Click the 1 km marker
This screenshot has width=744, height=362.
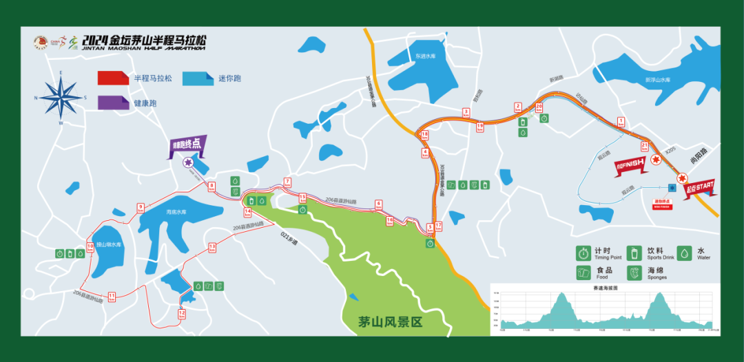(x=621, y=123)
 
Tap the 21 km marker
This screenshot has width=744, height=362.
(x=644, y=146)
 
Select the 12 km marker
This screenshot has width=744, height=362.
(x=182, y=314)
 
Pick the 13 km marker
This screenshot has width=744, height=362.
(x=212, y=247)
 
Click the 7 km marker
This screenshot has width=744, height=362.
(x=287, y=183)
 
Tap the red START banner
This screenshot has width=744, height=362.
(x=699, y=185)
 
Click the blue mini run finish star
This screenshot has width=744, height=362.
(x=672, y=187)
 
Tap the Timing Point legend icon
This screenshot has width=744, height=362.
(x=583, y=253)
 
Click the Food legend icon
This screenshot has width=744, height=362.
(x=583, y=273)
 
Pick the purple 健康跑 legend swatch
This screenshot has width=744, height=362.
(x=112, y=102)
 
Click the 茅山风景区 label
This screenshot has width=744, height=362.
(x=390, y=321)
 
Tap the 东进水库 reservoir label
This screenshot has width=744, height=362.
(x=422, y=56)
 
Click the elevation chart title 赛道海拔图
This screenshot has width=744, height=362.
(x=605, y=288)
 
